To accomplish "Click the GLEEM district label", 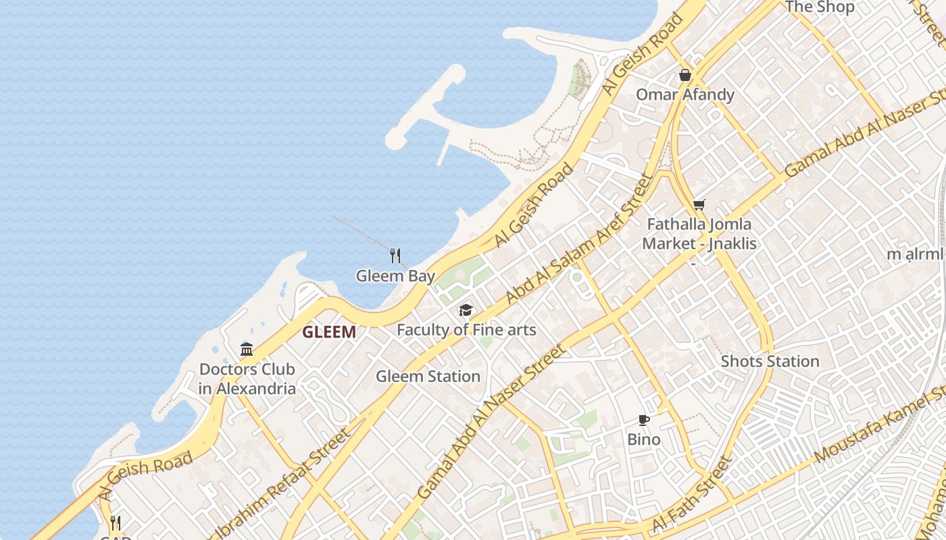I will tap(329, 332).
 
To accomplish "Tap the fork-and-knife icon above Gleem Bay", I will tap(395, 256).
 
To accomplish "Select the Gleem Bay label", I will tap(395, 275).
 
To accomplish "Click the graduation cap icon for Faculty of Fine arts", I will tap(466, 310).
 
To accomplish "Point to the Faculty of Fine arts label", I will tap(466, 330).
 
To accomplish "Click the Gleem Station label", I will tap(428, 377).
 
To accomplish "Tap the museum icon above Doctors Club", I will tap(247, 349).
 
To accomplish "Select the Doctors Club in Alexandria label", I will tap(247, 379).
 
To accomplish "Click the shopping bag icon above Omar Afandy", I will tap(685, 75).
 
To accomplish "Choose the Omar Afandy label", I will tap(685, 94).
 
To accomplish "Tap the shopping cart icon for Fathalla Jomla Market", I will tap(699, 204).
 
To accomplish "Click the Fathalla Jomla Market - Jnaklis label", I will tap(699, 234).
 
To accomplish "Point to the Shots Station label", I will tap(770, 361).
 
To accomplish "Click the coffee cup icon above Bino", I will tap(644, 421).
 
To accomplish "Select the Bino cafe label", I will tap(644, 439).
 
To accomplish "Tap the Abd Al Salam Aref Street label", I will tap(580, 238).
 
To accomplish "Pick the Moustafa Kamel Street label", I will tap(878, 425).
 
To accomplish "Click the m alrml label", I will tap(914, 254).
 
